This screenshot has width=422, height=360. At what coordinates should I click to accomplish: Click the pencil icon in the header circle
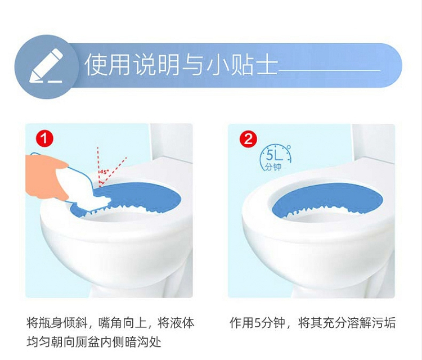pyautogui.click(x=46, y=66)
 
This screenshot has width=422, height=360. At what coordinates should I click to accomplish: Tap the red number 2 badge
pyautogui.click(x=248, y=139)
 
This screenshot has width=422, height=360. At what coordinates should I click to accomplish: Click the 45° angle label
pyautogui.click(x=104, y=172)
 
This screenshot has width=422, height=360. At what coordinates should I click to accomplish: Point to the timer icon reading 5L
pyautogui.click(x=275, y=157)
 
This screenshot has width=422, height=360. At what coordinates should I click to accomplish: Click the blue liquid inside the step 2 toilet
pyautogui.click(x=327, y=198)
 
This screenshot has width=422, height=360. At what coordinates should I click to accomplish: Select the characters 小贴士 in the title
pyautogui.click(x=241, y=65)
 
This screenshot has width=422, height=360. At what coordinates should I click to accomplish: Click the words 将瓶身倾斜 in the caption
pyautogui.click(x=56, y=323)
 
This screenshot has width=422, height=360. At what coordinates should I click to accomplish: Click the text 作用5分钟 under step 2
pyautogui.click(x=258, y=323)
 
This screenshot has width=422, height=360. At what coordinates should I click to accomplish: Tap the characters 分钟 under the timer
pyautogui.click(x=273, y=167)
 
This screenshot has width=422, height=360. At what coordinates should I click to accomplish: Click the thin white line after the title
pyautogui.click(x=329, y=70)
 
